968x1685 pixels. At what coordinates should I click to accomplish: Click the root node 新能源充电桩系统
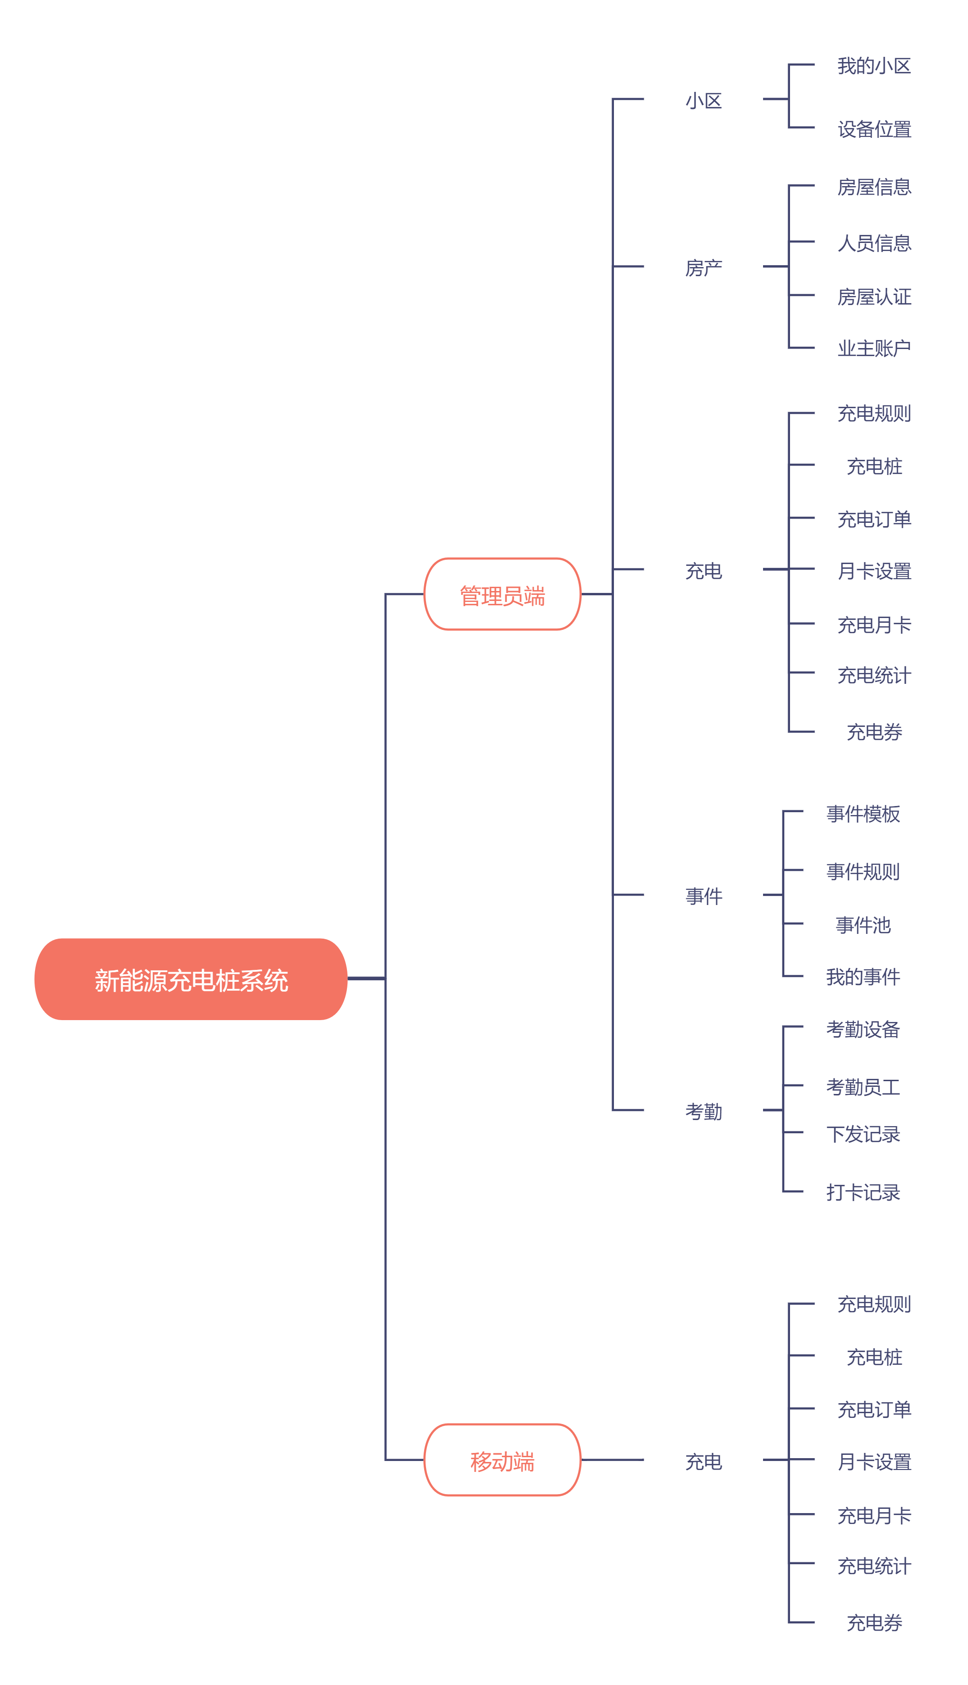tap(191, 979)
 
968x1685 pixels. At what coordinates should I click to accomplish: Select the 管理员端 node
tap(502, 594)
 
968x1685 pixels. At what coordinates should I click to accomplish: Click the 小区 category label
tap(703, 100)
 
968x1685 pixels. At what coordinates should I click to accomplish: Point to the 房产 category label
tap(703, 268)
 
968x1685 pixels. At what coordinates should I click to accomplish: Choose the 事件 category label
tap(703, 896)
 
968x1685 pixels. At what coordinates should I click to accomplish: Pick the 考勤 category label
tap(703, 1111)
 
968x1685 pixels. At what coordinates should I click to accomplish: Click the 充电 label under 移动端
tap(703, 1461)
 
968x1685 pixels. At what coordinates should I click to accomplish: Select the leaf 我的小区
tap(874, 66)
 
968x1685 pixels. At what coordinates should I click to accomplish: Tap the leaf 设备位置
tap(874, 128)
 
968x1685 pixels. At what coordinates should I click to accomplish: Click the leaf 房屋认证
tap(874, 296)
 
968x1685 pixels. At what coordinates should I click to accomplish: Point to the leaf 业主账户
tap(874, 348)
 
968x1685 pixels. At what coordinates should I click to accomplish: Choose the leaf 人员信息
tap(874, 242)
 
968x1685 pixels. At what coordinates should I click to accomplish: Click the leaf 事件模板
tap(862, 813)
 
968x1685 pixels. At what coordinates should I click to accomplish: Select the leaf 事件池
tap(862, 924)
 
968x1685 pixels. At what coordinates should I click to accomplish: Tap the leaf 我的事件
tap(862, 976)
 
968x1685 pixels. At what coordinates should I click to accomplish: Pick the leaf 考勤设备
tap(862, 1029)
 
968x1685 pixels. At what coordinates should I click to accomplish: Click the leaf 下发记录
tap(862, 1134)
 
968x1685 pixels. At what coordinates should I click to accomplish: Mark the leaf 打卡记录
tap(862, 1192)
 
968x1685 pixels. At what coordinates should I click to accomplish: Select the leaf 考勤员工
tap(862, 1086)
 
